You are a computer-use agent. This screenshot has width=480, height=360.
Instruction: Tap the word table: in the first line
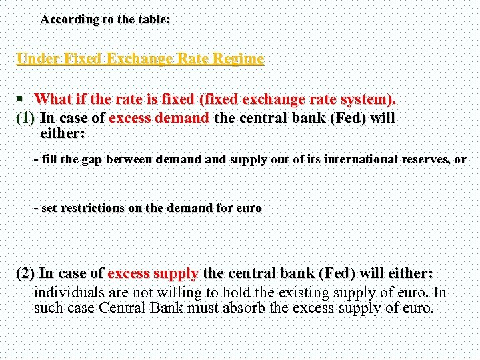(x=153, y=19)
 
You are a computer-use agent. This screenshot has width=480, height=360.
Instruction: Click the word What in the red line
(x=53, y=100)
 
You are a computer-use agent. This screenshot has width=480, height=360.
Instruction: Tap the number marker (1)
(x=25, y=119)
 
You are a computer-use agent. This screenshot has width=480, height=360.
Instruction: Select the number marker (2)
(x=25, y=273)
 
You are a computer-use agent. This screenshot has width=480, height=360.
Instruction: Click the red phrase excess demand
(x=159, y=119)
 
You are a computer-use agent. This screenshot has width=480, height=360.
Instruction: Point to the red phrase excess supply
(x=153, y=273)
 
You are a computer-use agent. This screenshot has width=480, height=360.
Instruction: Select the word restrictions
(x=92, y=208)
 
